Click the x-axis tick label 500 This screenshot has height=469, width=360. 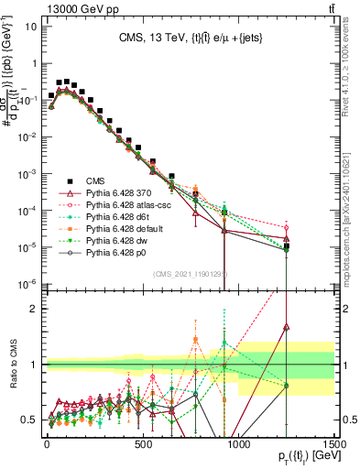[x=143, y=444]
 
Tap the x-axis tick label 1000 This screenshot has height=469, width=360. [x=238, y=444]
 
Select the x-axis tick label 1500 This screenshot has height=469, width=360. [x=334, y=444]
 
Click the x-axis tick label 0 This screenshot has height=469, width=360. [x=47, y=444]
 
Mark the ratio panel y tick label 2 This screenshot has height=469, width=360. [x=36, y=309]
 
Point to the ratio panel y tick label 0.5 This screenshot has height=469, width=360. [x=32, y=419]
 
